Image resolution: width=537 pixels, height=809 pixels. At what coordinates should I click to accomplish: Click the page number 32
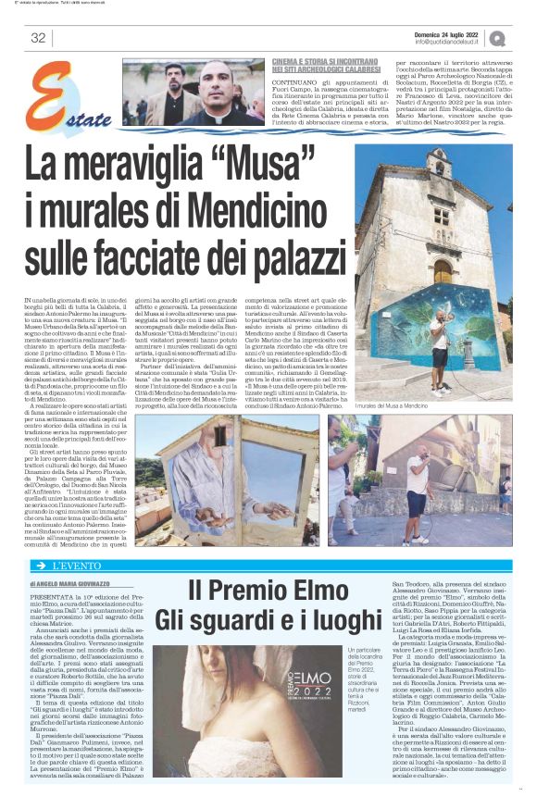click(38, 38)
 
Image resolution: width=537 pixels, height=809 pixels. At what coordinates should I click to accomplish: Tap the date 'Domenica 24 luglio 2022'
click(451, 32)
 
